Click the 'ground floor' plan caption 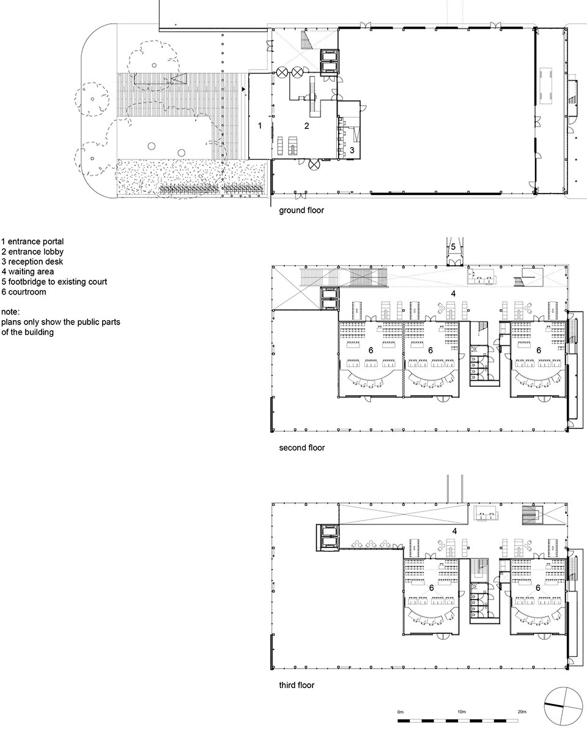coord(301,210)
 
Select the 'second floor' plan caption coord(302,448)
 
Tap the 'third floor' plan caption coord(297,685)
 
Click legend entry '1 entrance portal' coord(32,242)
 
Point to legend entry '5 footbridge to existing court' coord(54,282)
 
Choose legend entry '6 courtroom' coord(24,292)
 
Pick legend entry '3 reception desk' coord(32,262)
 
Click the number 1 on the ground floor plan coord(260,125)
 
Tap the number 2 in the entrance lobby coord(306,125)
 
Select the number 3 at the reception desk coord(352,150)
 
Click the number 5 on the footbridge coord(453,246)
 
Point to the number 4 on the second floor coord(453,293)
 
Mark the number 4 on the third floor coord(454,531)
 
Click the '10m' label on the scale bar coord(462,712)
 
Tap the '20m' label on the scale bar coord(522,712)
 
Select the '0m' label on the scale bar coord(401,712)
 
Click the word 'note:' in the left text coord(10,312)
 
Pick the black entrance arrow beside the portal coord(243,89)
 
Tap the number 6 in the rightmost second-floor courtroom coord(539,350)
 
